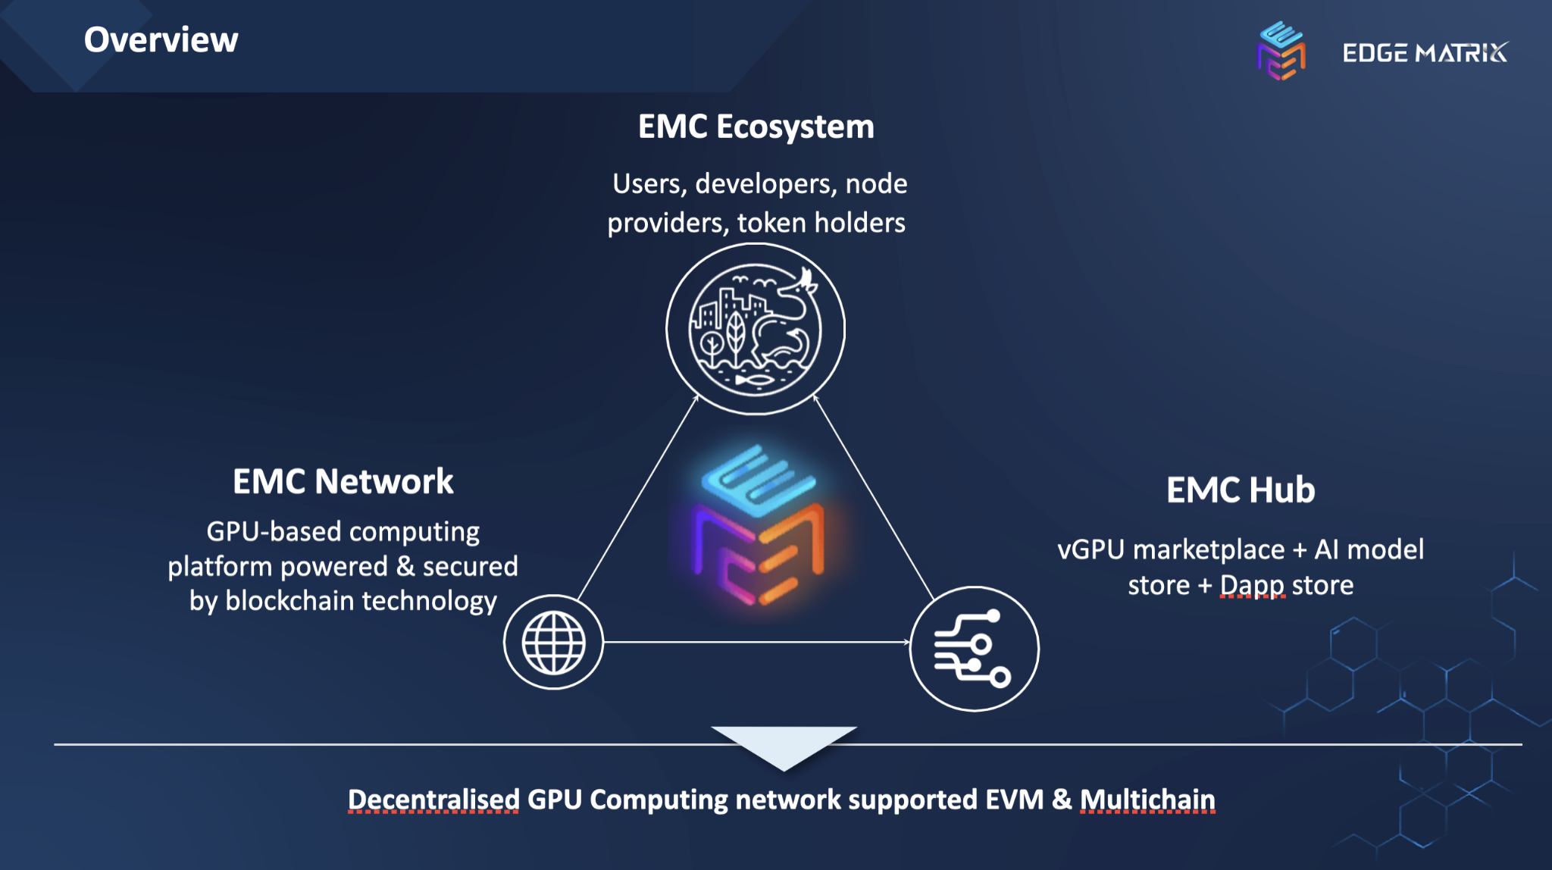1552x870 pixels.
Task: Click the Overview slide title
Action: coord(161,40)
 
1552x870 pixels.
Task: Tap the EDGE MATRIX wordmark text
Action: coord(1425,53)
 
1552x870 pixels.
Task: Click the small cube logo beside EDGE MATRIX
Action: coord(1281,51)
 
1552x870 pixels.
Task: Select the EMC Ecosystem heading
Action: coord(756,127)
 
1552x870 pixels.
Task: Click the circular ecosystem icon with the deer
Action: coord(756,329)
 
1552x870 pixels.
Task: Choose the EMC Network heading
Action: coord(343,482)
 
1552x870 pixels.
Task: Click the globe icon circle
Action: coord(554,643)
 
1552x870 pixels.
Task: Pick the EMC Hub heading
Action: coord(1241,490)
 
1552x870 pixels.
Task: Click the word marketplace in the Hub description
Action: coord(1209,549)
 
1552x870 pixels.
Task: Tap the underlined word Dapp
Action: coord(1252,586)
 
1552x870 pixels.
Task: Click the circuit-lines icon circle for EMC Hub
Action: coord(974,649)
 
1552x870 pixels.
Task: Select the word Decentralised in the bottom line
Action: coord(433,800)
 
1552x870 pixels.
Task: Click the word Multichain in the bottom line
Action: coord(1147,800)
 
